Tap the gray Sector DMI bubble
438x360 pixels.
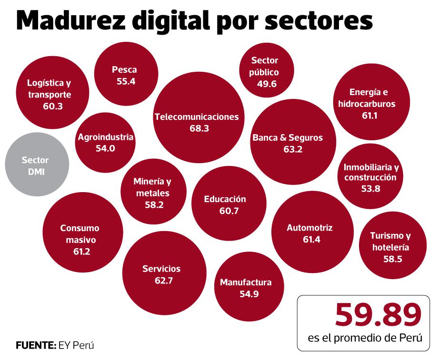[x=35, y=166]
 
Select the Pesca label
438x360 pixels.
[x=124, y=70]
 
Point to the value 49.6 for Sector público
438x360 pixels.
[x=265, y=84]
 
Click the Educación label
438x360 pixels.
[x=225, y=199]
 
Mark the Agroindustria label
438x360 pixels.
[x=105, y=137]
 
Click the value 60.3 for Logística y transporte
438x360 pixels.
[x=52, y=106]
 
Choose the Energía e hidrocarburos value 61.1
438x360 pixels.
[x=369, y=115]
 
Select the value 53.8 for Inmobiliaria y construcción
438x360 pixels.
[x=370, y=189]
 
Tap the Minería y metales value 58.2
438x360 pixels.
[x=154, y=205]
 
